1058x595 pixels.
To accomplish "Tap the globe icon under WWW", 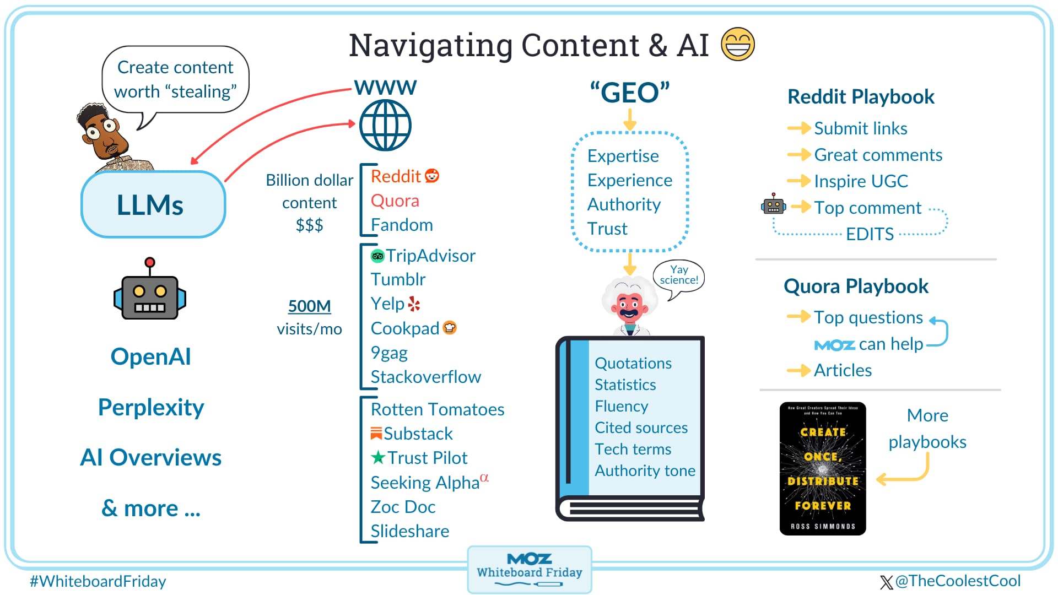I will pyautogui.click(x=385, y=126).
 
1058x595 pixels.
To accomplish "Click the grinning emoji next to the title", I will pyautogui.click(x=737, y=44).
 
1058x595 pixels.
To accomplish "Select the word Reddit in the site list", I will pyautogui.click(x=396, y=176).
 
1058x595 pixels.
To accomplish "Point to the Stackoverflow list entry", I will pyautogui.click(x=425, y=377).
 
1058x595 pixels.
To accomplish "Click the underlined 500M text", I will pyautogui.click(x=309, y=306).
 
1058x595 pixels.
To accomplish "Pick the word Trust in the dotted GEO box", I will pyautogui.click(x=607, y=229).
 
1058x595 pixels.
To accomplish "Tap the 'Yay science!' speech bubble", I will pyautogui.click(x=679, y=275).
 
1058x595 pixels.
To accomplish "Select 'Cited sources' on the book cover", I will pyautogui.click(x=641, y=428).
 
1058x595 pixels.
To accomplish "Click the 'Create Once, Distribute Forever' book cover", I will pyautogui.click(x=822, y=468).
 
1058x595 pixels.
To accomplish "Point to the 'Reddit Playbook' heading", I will pyautogui.click(x=861, y=97).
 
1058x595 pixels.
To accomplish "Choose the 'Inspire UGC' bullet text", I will pyautogui.click(x=861, y=181).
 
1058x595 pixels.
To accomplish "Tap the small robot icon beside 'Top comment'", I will pyautogui.click(x=773, y=205).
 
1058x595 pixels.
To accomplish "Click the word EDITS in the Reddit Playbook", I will pyautogui.click(x=870, y=234).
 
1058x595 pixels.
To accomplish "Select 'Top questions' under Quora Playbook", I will pyautogui.click(x=868, y=317).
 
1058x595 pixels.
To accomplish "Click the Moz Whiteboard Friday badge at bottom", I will pyautogui.click(x=529, y=569).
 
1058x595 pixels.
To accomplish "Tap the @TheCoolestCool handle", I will pyautogui.click(x=957, y=581).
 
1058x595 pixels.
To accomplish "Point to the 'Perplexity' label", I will pyautogui.click(x=151, y=407).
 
